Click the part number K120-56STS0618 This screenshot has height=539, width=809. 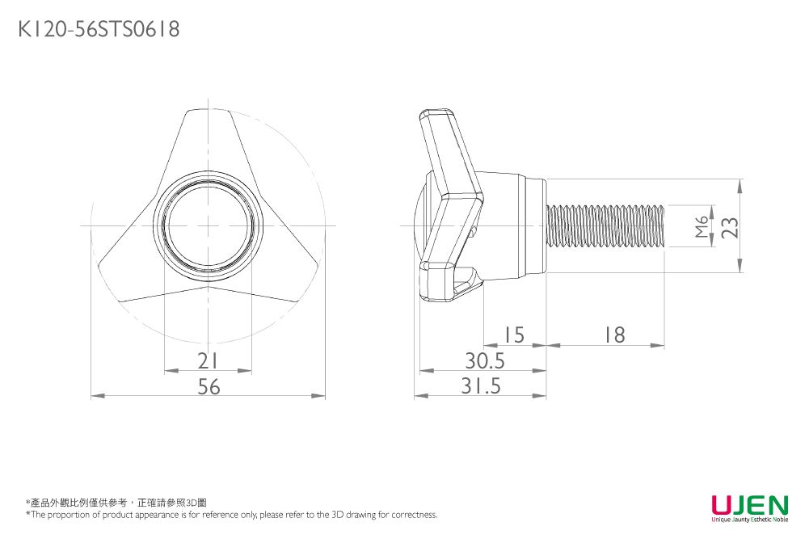point(99,30)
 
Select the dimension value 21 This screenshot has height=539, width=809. point(209,360)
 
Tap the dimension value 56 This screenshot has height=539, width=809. point(209,387)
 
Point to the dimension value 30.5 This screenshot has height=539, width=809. point(484,360)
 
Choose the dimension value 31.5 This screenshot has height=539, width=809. point(481,387)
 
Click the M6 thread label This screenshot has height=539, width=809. point(701,227)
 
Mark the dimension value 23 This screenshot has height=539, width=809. point(730,227)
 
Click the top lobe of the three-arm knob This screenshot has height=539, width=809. point(209,141)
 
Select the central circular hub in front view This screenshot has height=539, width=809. point(209,225)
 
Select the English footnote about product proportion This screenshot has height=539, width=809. point(231,515)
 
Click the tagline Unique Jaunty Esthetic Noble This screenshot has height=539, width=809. point(749,520)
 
